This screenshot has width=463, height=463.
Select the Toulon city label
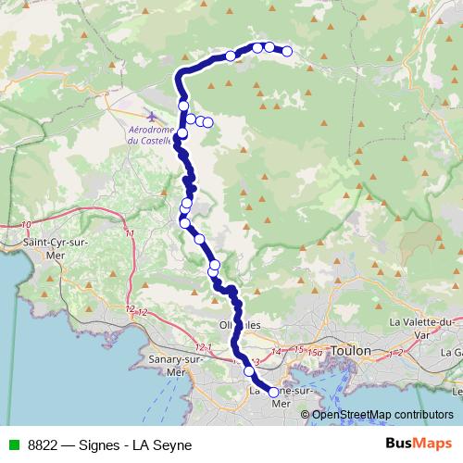[352, 351]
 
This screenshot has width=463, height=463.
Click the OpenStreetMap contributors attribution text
[382, 414]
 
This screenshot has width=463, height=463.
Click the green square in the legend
[12, 445]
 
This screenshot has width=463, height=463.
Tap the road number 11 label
[130, 233]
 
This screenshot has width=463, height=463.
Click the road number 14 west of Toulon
[275, 352]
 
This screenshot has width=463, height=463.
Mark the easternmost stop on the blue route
[287, 52]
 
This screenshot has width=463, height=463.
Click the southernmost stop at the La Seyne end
[273, 393]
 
